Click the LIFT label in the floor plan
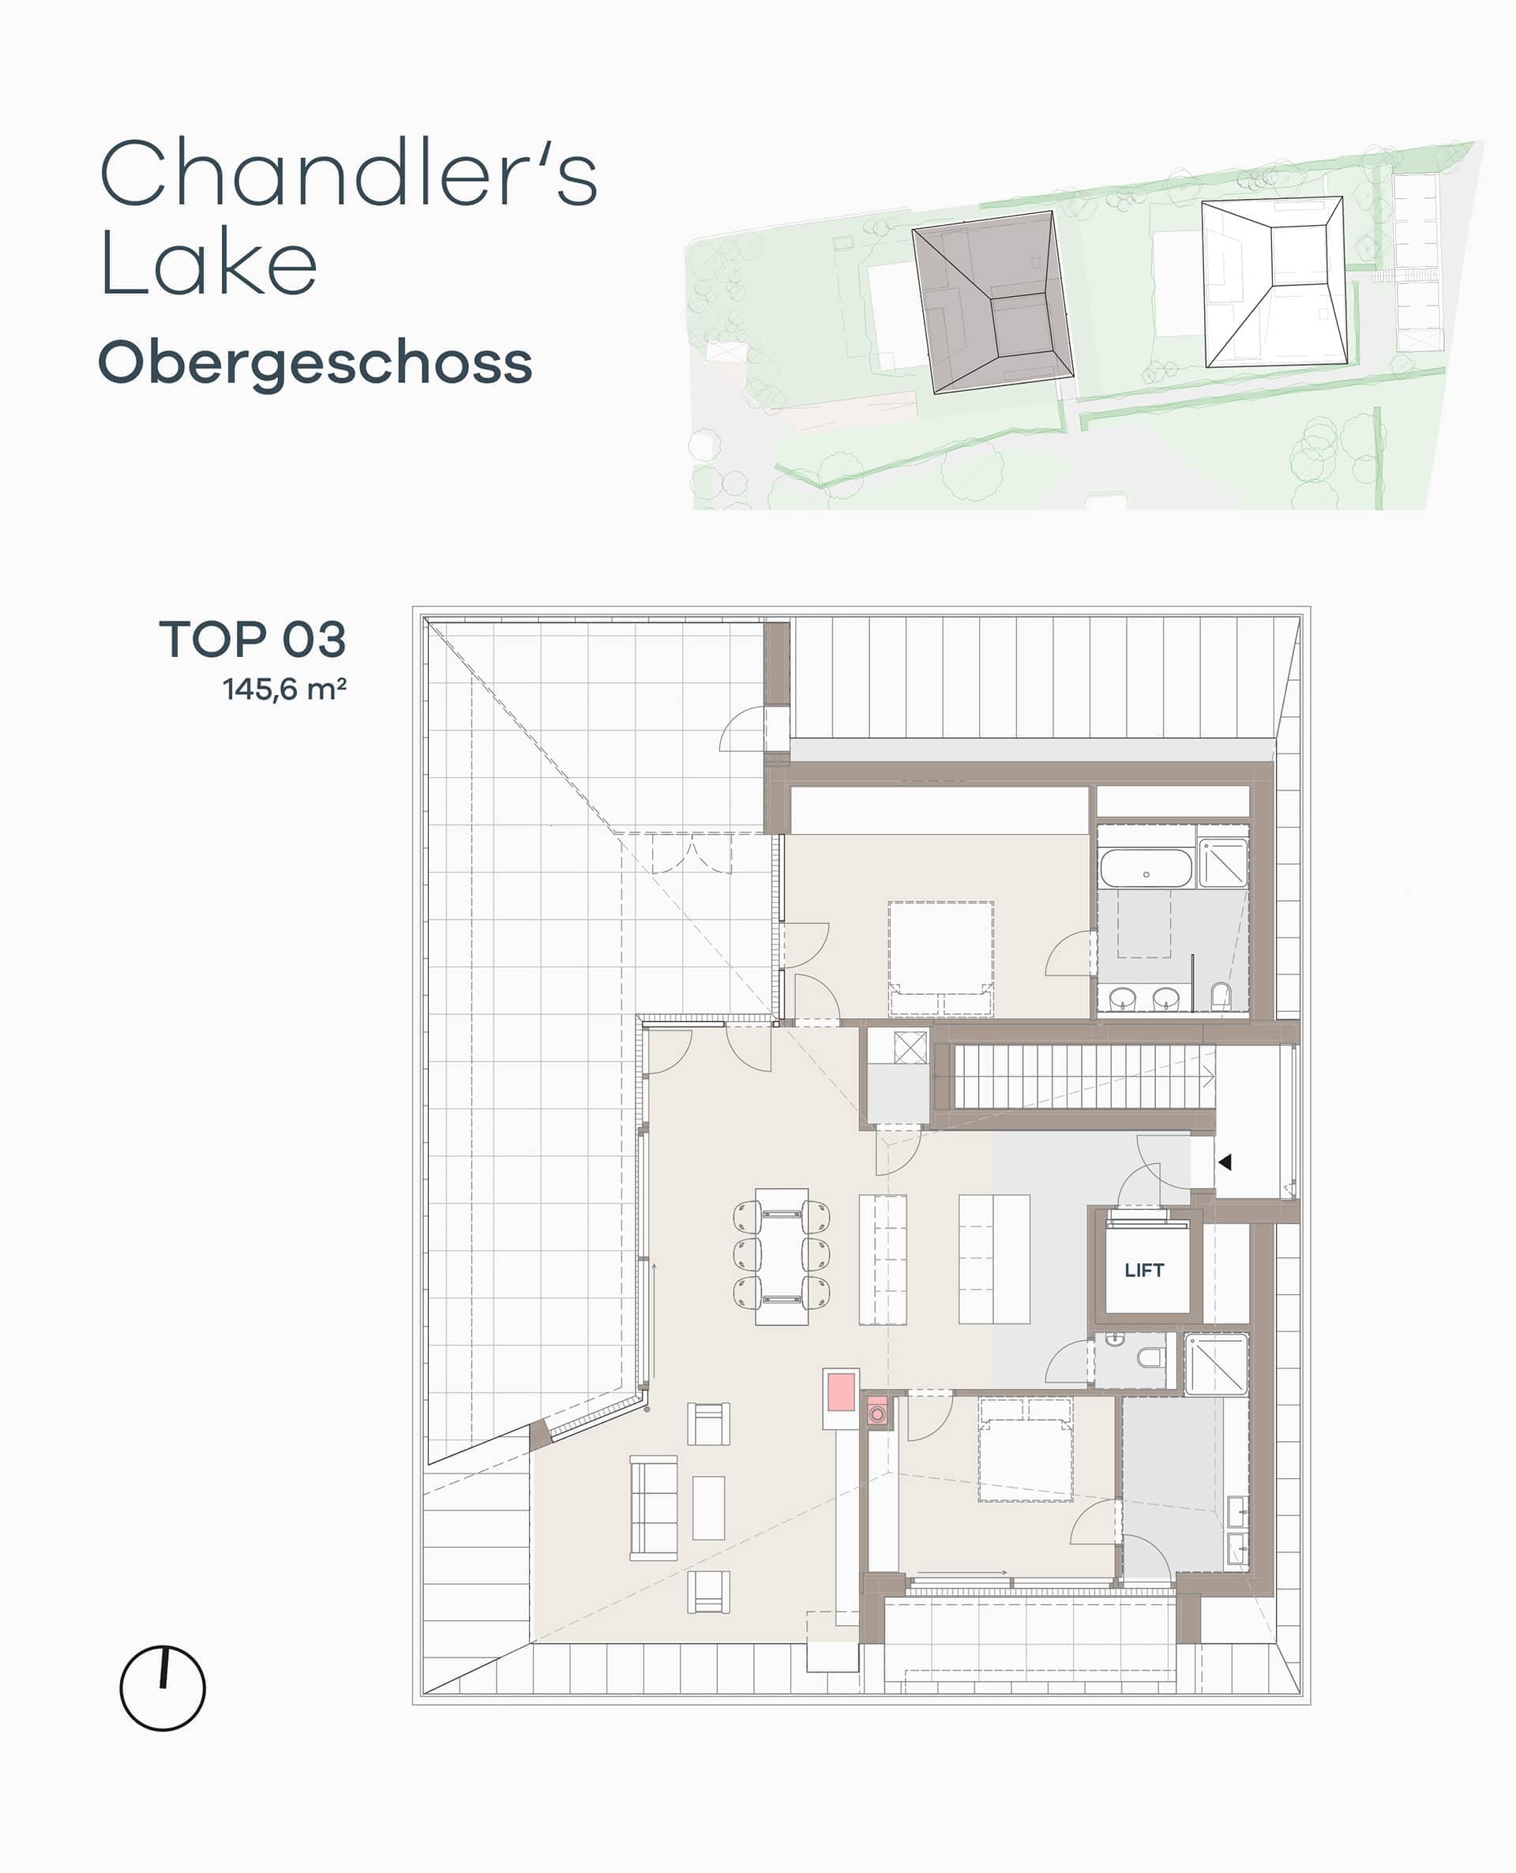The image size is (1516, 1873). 1144,1270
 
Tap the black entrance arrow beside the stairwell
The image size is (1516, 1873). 1225,1162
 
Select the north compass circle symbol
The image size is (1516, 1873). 163,1688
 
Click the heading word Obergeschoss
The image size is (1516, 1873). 315,363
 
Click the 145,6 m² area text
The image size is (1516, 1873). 285,689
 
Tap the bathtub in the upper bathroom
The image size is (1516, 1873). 1146,868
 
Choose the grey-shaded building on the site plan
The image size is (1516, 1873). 992,302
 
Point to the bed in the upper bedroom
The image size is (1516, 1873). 940,959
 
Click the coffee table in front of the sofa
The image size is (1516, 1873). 708,1508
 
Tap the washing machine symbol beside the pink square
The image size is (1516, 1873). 878,1412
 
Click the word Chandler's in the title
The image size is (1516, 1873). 349,173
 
